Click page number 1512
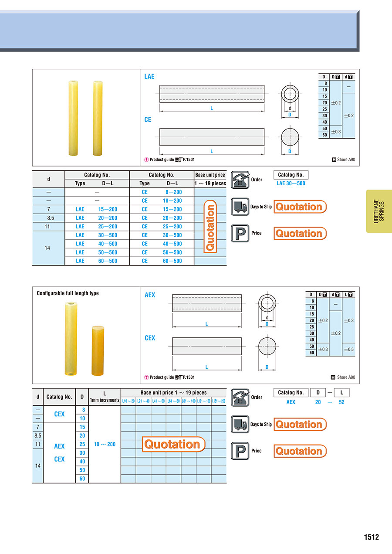tap(371, 537)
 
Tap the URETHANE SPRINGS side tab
tap(379, 211)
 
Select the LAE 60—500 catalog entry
tap(97, 261)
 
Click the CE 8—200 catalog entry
tap(162, 192)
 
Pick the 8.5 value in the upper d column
tap(51, 218)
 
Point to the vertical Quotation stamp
tap(210, 227)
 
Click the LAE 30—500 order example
tap(291, 183)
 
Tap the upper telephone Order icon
tap(240, 180)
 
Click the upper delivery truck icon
tap(240, 207)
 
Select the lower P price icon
tap(240, 451)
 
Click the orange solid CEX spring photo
tap(98, 351)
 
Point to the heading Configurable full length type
tap(68, 293)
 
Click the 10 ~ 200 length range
tap(105, 444)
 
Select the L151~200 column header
tap(219, 401)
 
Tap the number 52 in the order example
tap(341, 402)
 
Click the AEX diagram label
tap(150, 295)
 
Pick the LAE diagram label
tap(149, 76)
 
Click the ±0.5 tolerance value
tap(349, 350)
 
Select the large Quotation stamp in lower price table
tap(174, 444)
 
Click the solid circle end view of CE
tap(290, 137)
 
